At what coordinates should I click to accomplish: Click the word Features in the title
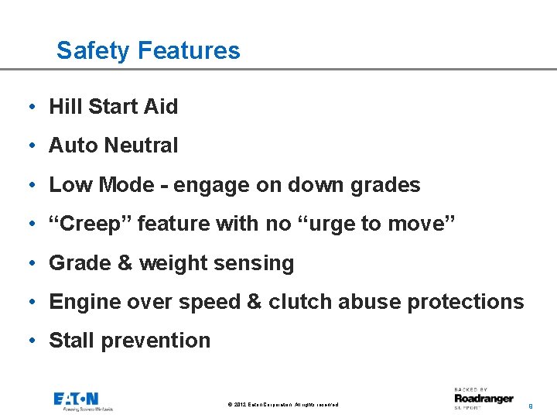coord(189,51)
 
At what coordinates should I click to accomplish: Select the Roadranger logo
coord(484,398)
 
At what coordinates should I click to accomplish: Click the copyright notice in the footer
coord(283,405)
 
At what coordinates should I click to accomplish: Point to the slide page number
coord(530,405)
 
